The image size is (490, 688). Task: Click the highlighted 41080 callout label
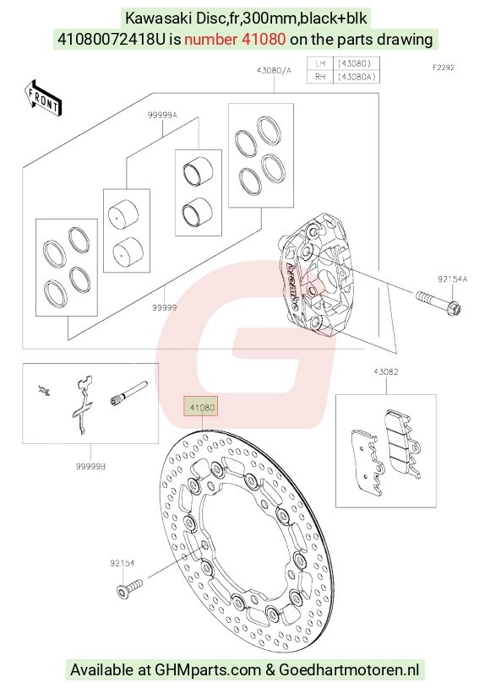tap(202, 407)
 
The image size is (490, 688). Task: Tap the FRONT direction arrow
tap(43, 99)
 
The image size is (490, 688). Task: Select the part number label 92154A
tap(452, 279)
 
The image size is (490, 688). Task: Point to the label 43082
tap(386, 371)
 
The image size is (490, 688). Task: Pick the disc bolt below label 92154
tap(129, 588)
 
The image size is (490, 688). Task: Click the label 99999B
tap(91, 467)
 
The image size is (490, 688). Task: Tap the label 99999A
tap(162, 115)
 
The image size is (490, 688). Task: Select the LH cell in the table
tap(320, 63)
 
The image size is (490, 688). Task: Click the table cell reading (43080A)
tap(357, 77)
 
